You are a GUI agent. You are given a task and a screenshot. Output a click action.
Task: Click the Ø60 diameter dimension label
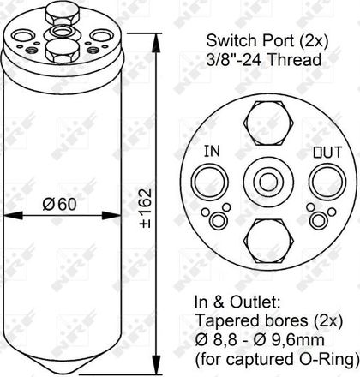(x=60, y=205)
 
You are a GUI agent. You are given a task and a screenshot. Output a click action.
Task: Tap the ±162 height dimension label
(x=146, y=208)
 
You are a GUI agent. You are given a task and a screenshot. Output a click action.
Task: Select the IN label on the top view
(x=212, y=151)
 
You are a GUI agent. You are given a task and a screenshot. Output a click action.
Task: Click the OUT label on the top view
(x=327, y=153)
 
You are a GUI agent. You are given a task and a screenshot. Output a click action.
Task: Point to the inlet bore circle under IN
(x=210, y=181)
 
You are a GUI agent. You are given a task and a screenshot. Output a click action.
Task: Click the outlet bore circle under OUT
(x=327, y=182)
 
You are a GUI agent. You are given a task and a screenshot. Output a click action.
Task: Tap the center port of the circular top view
(x=269, y=181)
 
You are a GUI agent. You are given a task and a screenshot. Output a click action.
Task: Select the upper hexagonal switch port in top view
(x=268, y=123)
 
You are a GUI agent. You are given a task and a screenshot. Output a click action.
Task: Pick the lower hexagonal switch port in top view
(x=269, y=242)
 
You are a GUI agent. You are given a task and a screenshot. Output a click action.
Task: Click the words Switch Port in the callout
(x=249, y=41)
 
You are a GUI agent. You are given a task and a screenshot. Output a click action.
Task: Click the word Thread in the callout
(x=295, y=60)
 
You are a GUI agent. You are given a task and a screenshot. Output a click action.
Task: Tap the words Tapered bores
(x=252, y=320)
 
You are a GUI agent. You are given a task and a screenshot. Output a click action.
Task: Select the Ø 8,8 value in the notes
(x=216, y=340)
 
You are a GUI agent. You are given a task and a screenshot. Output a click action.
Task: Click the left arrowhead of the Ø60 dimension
(x=12, y=215)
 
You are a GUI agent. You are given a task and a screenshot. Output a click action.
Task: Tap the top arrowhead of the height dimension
(x=156, y=43)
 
